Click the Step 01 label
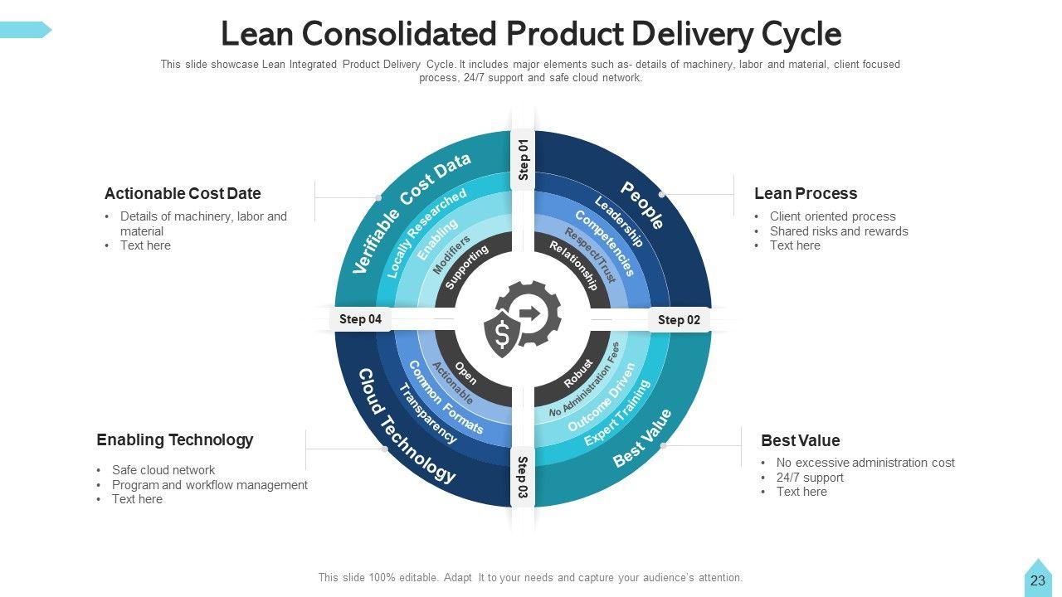click(x=524, y=159)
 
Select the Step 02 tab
click(x=679, y=320)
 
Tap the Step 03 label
click(x=523, y=478)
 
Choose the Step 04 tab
click(x=360, y=319)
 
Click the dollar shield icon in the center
click(x=501, y=334)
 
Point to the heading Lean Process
click(x=805, y=194)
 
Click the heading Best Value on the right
click(x=800, y=440)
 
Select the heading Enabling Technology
click(x=174, y=439)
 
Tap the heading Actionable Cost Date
click(x=183, y=194)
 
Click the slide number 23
click(x=1037, y=580)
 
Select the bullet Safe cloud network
click(x=163, y=470)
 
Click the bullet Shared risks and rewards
click(x=838, y=231)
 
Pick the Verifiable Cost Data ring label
click(x=411, y=212)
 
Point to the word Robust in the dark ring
click(x=578, y=373)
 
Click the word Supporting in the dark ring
click(x=466, y=267)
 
